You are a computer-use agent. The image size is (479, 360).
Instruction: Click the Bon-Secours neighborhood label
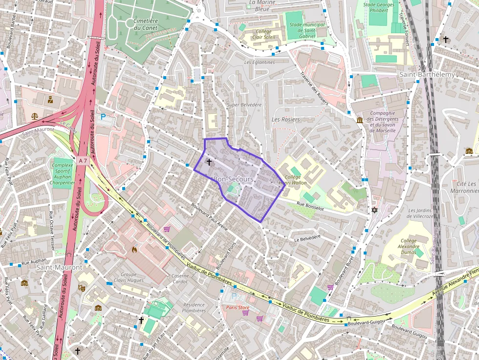tap(234, 179)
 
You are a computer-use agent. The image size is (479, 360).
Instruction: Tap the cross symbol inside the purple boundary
tap(209, 162)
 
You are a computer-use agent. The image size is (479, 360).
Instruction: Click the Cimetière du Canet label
tap(146, 24)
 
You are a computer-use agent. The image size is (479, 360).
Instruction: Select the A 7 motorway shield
tap(82, 160)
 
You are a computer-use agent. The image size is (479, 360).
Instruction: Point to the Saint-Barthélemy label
tap(427, 75)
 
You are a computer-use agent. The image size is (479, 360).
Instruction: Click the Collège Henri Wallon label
tap(292, 180)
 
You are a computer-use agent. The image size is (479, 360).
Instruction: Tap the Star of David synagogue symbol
tap(375, 210)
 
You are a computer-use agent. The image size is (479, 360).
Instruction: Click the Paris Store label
tap(238, 308)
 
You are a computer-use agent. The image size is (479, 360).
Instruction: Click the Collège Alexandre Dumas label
tap(409, 247)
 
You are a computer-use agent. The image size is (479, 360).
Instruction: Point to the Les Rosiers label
tap(285, 119)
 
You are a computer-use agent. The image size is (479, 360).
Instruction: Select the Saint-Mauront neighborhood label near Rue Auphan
tap(59, 267)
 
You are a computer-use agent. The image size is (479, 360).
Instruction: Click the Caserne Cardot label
tap(180, 278)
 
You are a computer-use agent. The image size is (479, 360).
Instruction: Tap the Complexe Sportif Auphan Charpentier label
tap(62, 174)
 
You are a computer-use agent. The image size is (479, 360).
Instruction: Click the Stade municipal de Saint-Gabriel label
tap(307, 30)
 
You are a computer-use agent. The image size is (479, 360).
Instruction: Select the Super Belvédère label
tap(244, 105)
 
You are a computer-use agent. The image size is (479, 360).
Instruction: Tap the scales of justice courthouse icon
tap(34, 116)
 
